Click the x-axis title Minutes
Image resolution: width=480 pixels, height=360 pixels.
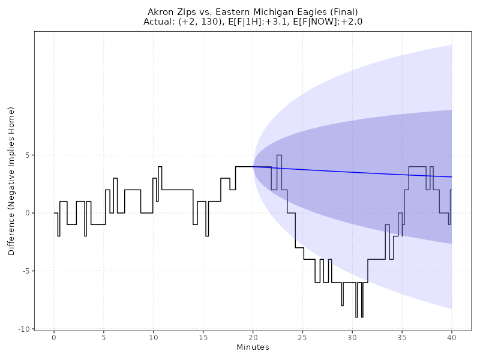253,347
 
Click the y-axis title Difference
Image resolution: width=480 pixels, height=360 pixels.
11,181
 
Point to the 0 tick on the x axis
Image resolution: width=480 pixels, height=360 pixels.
54,337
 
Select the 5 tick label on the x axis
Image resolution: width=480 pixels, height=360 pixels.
104,337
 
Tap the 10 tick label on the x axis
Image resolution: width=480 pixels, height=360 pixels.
154,337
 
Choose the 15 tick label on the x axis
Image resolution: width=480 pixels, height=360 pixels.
203,337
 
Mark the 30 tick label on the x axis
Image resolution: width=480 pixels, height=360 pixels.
352,337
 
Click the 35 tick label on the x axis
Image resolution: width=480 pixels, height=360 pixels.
402,337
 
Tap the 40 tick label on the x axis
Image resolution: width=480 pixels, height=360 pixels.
451,337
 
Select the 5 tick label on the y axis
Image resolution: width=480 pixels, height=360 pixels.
28,155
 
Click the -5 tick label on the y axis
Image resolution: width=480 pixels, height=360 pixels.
26,271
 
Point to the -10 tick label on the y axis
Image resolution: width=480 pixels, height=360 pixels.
25,329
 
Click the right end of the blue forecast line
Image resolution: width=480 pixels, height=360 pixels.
451,177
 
